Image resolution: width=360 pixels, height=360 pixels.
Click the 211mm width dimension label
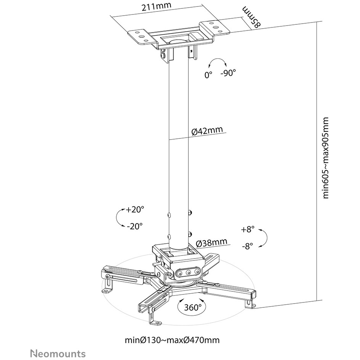[156, 6]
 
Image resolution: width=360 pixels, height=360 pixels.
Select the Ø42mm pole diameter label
[207, 131]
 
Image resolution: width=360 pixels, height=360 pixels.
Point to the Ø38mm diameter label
[212, 243]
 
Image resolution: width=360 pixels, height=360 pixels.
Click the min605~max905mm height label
[326, 158]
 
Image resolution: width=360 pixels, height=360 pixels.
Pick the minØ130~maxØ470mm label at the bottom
[172, 340]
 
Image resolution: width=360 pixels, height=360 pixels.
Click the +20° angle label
[135, 209]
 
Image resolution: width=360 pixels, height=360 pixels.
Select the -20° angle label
[135, 226]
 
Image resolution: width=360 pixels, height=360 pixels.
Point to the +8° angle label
[248, 229]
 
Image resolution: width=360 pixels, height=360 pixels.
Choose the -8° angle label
[247, 246]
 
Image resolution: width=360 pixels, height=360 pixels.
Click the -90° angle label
[228, 73]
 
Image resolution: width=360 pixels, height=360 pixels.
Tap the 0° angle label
[209, 75]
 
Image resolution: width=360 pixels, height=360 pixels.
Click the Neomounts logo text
[58, 353]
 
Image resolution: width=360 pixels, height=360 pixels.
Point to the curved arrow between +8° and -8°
[266, 238]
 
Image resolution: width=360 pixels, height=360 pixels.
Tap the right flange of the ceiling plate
[214, 28]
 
